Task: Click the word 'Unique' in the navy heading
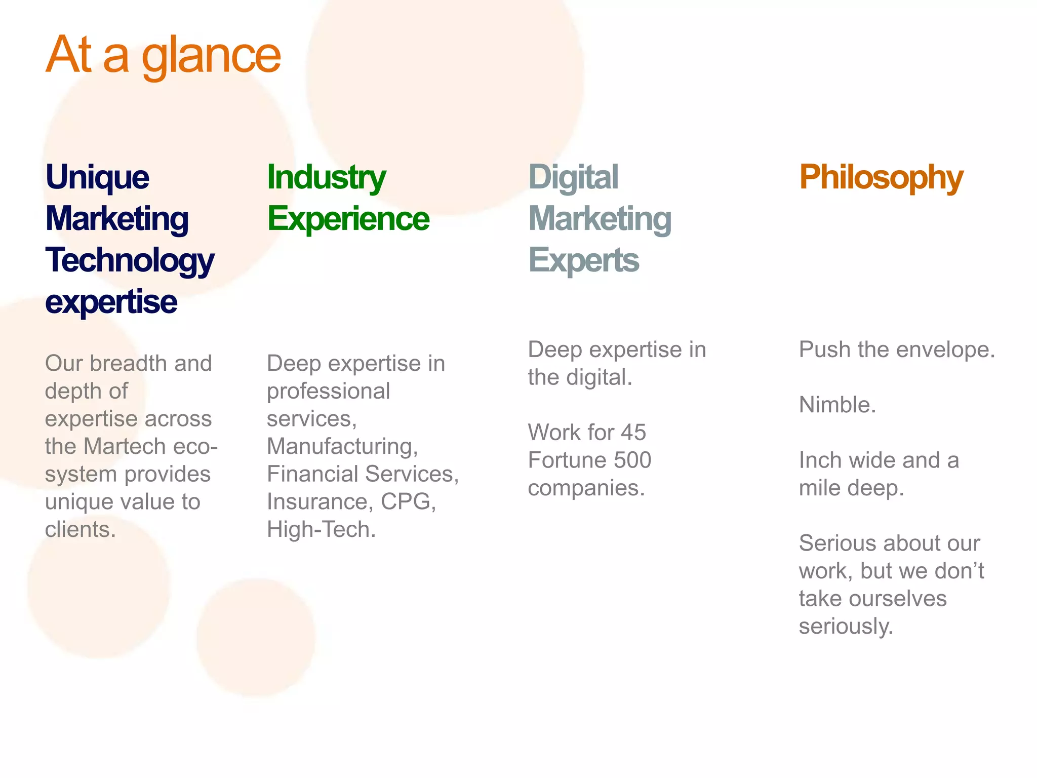(97, 177)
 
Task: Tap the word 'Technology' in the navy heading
(130, 260)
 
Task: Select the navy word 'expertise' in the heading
(111, 302)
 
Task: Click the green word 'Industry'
(326, 177)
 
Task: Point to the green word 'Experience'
(348, 219)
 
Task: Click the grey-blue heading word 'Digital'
(573, 177)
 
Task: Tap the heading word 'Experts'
(583, 260)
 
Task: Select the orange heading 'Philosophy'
(881, 177)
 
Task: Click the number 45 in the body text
(633, 433)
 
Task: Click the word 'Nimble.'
(837, 405)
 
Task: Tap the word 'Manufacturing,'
(342, 447)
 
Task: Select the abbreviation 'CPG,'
(408, 502)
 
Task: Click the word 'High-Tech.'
(321, 530)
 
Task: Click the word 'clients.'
(81, 530)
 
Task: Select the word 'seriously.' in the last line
(846, 627)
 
